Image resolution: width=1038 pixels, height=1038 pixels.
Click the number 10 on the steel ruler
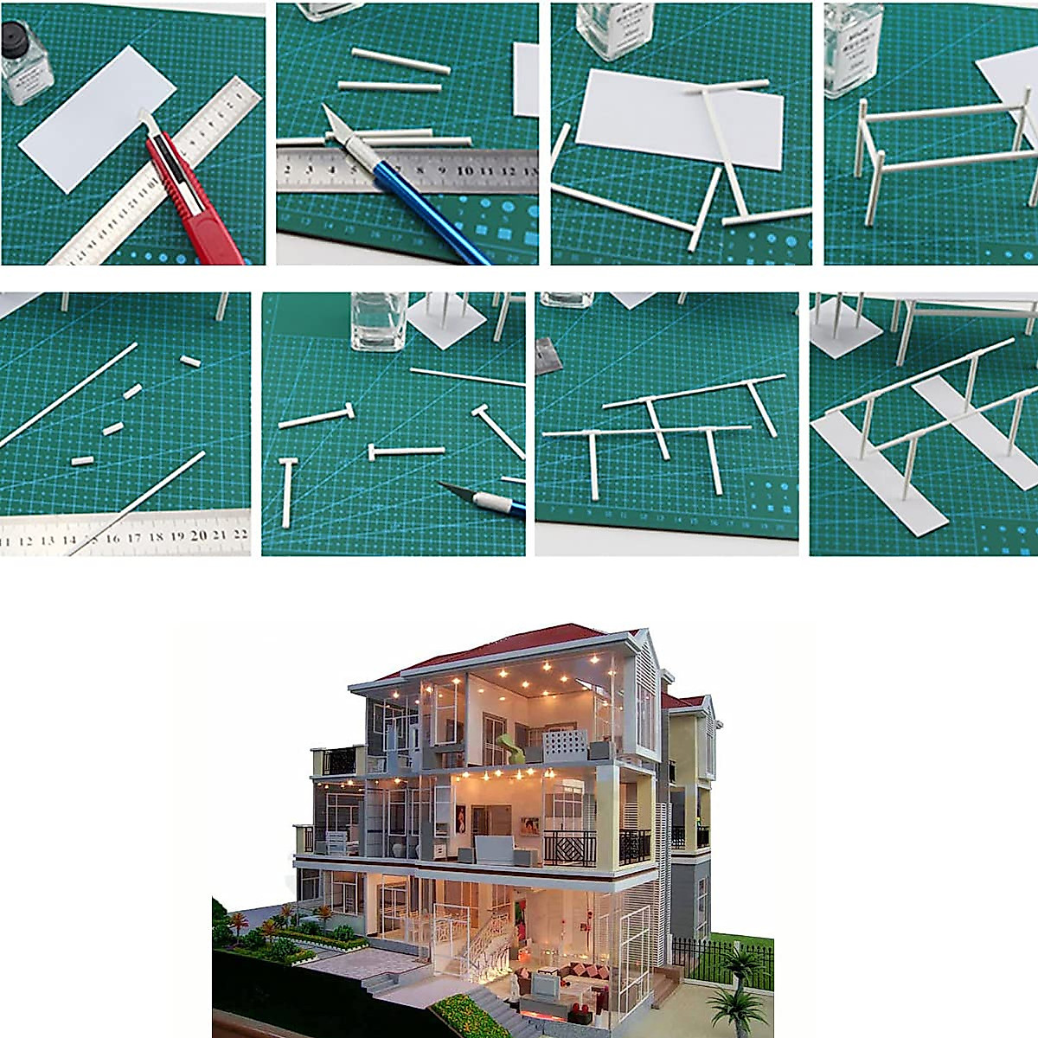[x=466, y=170]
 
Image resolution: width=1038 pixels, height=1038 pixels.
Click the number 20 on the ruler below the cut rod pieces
[x=199, y=535]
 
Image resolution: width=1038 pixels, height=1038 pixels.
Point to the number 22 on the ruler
[x=240, y=535]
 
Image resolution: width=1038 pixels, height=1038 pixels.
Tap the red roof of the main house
[x=519, y=640]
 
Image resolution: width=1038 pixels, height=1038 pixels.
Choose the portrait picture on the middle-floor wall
[x=460, y=818]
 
